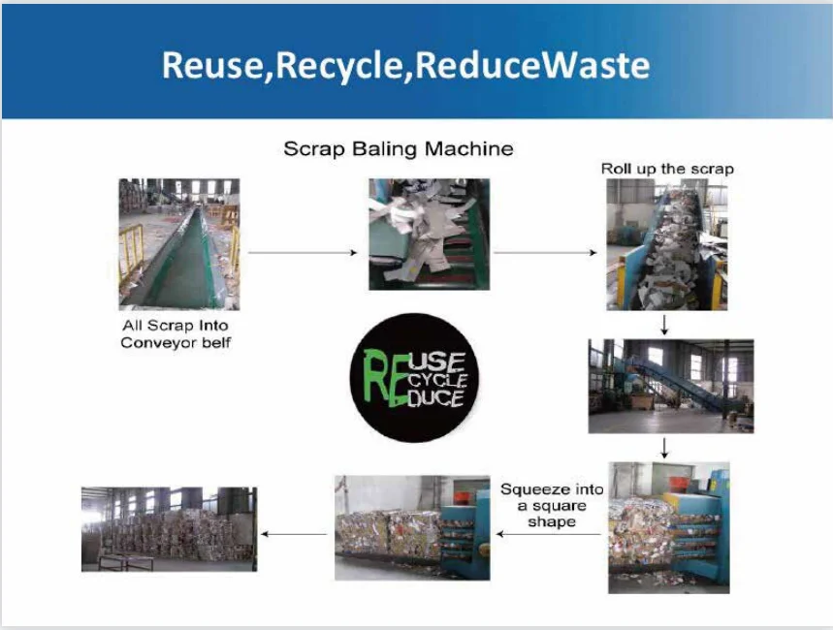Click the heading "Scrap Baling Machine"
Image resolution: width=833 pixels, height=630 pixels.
398,149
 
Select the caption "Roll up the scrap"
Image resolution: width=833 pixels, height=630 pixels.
667,169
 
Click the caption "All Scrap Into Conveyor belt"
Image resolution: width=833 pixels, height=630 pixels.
176,334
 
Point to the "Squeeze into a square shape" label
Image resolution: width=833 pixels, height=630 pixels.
551,505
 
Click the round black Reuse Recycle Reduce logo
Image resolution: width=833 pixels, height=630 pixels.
413,378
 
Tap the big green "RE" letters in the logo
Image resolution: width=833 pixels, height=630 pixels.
380,378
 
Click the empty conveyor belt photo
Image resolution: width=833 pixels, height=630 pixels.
178,243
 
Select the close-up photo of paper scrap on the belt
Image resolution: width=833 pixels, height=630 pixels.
429,234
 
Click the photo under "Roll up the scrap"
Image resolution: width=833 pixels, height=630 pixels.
666,244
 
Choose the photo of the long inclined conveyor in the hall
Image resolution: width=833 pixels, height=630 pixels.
670,385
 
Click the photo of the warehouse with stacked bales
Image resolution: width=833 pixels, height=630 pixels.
169,528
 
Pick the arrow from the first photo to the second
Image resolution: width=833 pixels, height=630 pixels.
303,253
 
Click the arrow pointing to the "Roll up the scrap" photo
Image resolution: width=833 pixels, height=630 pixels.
545,253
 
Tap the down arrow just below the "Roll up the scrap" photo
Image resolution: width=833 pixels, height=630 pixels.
664,324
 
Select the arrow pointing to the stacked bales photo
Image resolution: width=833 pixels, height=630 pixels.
295,533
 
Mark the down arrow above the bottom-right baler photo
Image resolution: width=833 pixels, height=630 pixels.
664,448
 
